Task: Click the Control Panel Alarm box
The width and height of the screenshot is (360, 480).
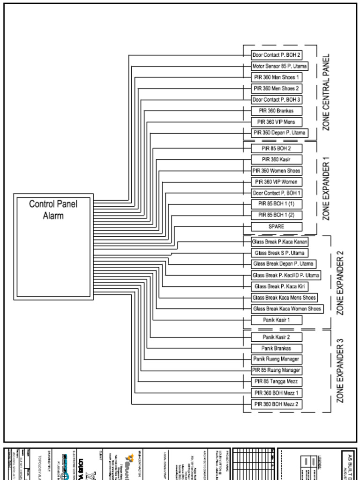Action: tap(53, 246)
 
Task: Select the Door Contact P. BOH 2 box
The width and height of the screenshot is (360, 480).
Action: tap(277, 55)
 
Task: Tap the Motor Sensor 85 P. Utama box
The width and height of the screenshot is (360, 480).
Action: tap(279, 66)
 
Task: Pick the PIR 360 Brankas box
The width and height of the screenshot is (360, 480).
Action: tap(276, 111)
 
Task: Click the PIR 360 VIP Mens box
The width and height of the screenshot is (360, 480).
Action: tap(276, 122)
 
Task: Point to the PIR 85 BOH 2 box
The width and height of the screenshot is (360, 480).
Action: tap(276, 148)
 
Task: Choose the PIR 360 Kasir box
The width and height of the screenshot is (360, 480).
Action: tap(276, 159)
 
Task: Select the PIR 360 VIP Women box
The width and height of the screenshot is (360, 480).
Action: tap(276, 182)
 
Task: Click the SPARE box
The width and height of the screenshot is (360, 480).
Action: tap(276, 226)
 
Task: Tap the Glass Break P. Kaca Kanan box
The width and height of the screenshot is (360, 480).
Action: tap(279, 242)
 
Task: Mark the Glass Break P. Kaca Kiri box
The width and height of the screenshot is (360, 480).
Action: tap(279, 286)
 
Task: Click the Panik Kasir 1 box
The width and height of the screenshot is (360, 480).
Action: tap(276, 320)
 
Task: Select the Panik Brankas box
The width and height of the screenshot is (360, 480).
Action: tap(276, 348)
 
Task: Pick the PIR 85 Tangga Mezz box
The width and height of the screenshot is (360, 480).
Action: tap(276, 382)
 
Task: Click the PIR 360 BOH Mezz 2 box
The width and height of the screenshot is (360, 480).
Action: tap(276, 404)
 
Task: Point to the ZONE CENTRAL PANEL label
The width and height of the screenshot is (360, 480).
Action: tap(326, 92)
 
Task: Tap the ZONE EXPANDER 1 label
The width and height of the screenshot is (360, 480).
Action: tap(326, 188)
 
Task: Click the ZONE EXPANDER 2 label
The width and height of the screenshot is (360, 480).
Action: tap(340, 283)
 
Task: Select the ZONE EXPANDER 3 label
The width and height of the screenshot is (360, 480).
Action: tap(340, 371)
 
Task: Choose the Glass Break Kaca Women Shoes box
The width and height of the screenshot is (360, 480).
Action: tap(287, 309)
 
